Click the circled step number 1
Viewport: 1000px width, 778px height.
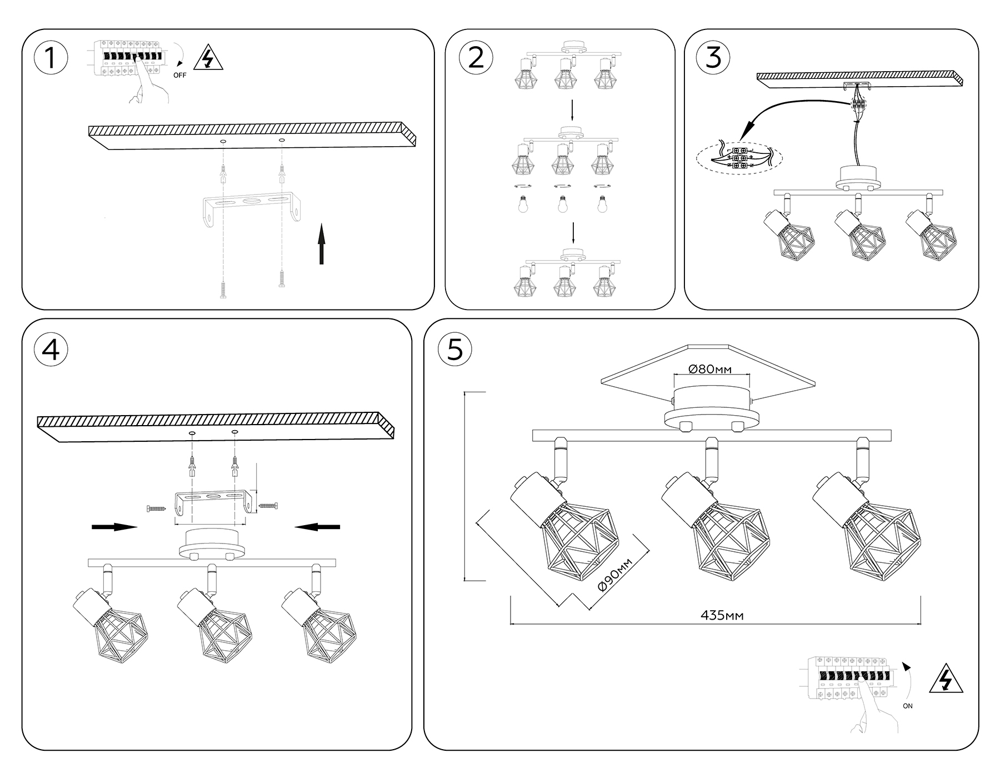51,58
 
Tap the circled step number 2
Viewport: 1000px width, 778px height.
476,58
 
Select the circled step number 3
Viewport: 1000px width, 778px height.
713,58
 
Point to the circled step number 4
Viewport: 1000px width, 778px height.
51,350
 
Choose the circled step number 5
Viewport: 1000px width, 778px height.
455,350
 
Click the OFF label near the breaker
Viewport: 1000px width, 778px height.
179,76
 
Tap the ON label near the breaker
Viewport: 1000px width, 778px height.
908,706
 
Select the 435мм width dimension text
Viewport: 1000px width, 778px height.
722,615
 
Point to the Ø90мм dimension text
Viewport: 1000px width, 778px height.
615,577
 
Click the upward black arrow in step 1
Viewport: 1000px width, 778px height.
321,244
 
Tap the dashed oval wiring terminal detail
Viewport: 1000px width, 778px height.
739,158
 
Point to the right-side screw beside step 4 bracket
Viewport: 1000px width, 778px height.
268,506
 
